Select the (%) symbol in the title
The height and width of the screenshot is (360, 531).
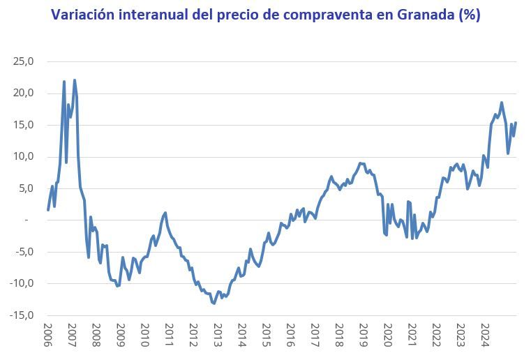[467, 15]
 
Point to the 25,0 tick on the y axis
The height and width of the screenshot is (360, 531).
[23, 61]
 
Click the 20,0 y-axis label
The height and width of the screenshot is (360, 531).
[23, 93]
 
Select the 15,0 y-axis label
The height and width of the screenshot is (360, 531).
[23, 125]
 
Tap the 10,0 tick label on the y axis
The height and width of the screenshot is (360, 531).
[23, 157]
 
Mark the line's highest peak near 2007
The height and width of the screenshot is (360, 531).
[75, 80]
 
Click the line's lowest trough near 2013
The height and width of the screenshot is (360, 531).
[214, 303]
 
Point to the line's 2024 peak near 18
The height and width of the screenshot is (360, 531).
[502, 103]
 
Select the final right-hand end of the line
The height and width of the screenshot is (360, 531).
[516, 123]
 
